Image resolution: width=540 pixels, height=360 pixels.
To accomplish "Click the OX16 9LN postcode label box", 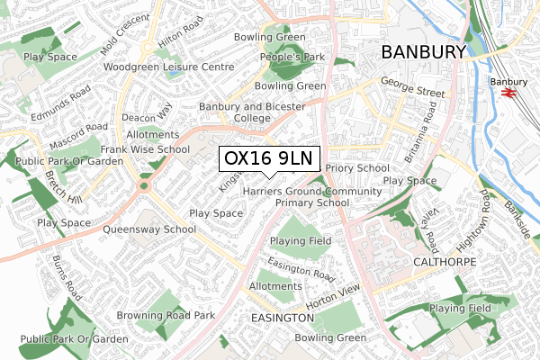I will point(267,157).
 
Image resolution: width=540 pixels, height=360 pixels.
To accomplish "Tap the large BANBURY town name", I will point(423,52).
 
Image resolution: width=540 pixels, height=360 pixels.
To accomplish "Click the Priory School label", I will point(357,167).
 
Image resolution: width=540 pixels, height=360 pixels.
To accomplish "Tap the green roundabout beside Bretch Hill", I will point(143,187).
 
